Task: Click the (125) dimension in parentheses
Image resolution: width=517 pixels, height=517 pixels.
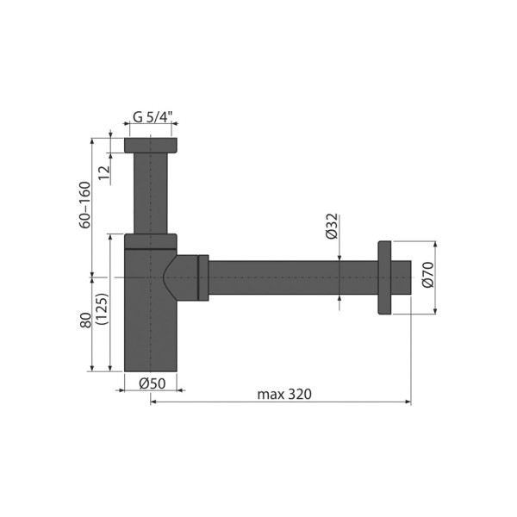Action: (x=101, y=308)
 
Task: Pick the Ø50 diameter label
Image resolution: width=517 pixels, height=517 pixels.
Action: (x=153, y=384)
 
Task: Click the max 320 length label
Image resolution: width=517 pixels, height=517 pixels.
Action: (x=283, y=394)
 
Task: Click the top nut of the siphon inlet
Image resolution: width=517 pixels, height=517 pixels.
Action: (x=151, y=146)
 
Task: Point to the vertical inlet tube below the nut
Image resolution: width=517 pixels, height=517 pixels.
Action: (x=151, y=194)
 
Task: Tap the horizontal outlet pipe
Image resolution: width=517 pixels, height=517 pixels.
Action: (x=293, y=277)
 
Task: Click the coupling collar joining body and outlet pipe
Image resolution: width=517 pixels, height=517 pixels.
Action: (x=203, y=277)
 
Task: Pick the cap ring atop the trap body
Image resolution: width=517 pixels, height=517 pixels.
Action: (x=151, y=240)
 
